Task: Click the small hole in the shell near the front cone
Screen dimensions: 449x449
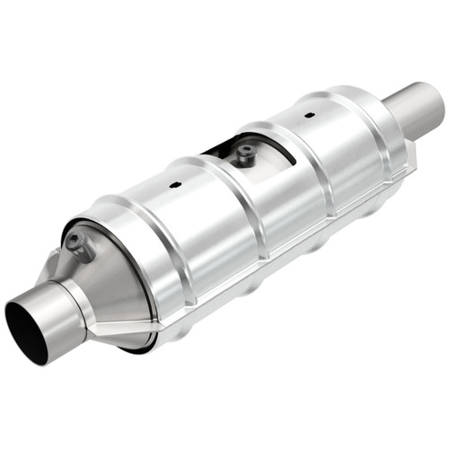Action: [176, 184]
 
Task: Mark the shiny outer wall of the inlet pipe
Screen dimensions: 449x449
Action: [54, 305]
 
